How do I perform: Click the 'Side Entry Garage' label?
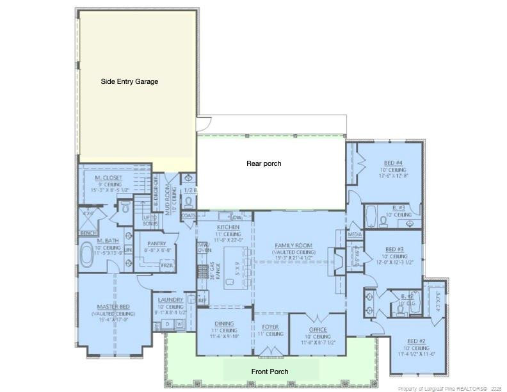tap(129, 81)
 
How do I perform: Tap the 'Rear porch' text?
tap(264, 163)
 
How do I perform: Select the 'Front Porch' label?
tap(269, 372)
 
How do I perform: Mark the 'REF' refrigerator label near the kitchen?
tap(202, 300)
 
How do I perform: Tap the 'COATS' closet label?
tap(188, 216)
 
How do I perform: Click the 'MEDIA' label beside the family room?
tap(355, 235)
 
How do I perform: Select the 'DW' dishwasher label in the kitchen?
tap(237, 218)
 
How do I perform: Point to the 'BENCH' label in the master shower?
tap(88, 233)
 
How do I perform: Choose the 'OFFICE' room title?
tap(318, 329)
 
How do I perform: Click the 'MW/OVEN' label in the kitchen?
tap(204, 249)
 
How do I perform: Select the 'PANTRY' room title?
tap(157, 243)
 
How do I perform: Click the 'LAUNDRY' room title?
tap(171, 300)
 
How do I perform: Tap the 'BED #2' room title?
tap(417, 341)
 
